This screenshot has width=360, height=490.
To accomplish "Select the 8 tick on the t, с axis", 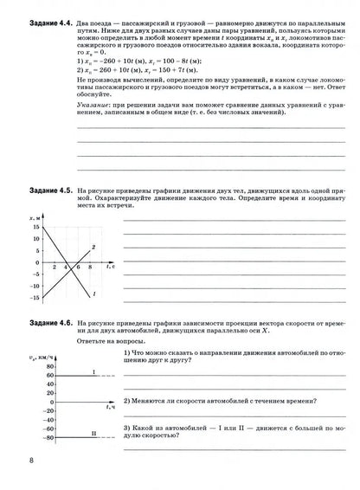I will tap(87, 267).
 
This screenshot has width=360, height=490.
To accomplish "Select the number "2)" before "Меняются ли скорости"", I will tap(127, 401).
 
